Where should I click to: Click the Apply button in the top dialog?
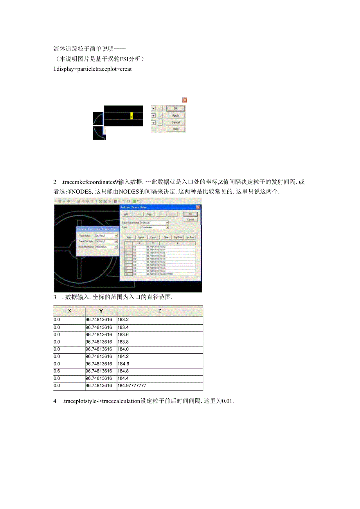tap(176, 115)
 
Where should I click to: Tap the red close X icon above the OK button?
tap(185, 100)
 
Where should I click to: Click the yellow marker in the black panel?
tap(131, 116)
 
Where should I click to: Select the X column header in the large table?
tap(69, 311)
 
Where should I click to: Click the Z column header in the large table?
tap(160, 311)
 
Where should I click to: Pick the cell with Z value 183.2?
tap(160, 320)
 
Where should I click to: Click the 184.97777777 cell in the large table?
tap(160, 386)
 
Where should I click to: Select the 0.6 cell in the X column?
tap(69, 371)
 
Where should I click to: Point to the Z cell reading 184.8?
tap(160, 371)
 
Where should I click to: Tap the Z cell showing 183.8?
tap(160, 342)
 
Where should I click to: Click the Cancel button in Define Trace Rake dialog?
tap(191, 219)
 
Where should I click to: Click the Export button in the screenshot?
tap(153, 237)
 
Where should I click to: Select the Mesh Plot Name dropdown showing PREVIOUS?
tap(106, 247)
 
